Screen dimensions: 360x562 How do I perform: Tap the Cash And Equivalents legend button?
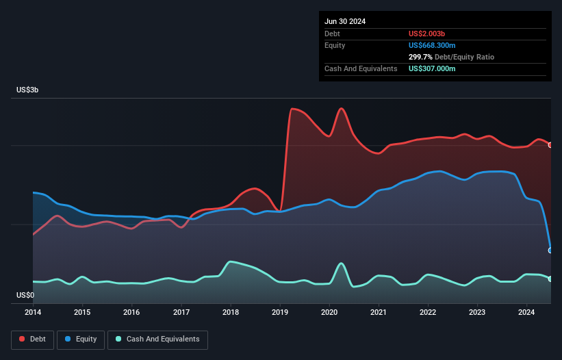(x=157, y=339)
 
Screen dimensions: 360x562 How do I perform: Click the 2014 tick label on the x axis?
(x=33, y=313)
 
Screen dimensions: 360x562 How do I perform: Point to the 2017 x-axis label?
(x=181, y=313)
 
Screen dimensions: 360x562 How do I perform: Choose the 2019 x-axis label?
(x=280, y=313)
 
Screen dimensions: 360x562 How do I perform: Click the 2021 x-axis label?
(x=379, y=313)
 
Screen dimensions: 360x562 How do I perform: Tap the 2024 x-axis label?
(x=526, y=313)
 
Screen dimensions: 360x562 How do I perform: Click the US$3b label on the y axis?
(x=28, y=90)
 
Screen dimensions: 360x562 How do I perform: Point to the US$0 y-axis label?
(x=25, y=296)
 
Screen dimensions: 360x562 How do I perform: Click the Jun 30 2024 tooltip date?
(x=345, y=21)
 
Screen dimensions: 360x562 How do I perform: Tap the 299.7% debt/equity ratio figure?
(x=422, y=57)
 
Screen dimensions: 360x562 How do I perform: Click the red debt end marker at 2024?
(x=550, y=145)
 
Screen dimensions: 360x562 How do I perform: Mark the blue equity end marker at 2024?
(x=550, y=250)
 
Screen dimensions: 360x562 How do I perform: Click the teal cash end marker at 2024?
(x=550, y=279)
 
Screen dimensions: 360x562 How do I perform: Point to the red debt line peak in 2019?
(x=293, y=109)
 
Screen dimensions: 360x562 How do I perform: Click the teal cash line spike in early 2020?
(x=341, y=263)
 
